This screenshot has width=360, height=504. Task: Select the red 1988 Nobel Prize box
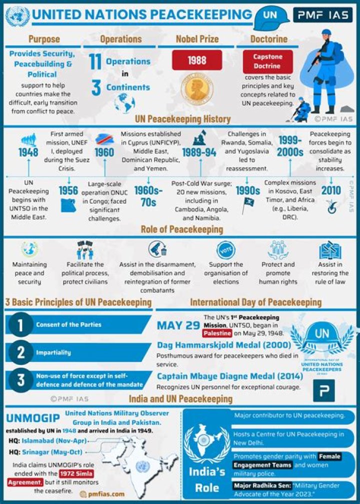pyautogui.click(x=197, y=60)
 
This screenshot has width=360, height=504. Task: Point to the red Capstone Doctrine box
pyautogui.click(x=267, y=62)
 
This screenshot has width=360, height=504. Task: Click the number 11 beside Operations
pyautogui.click(x=95, y=62)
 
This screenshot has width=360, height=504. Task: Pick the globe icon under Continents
pyautogui.click(x=124, y=103)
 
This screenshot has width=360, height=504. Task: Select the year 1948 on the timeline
pyautogui.click(x=28, y=153)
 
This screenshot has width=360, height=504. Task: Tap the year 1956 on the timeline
pyautogui.click(x=68, y=191)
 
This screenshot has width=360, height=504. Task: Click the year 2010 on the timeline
pyautogui.click(x=331, y=191)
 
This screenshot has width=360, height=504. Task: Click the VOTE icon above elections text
pyautogui.click(x=225, y=250)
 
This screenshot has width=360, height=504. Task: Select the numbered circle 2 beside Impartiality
pyautogui.click(x=20, y=352)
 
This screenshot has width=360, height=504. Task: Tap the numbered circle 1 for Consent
pyautogui.click(x=20, y=325)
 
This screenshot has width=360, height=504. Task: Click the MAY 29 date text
pyautogui.click(x=178, y=326)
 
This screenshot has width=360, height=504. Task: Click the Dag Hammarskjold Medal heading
pyautogui.click(x=224, y=345)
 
